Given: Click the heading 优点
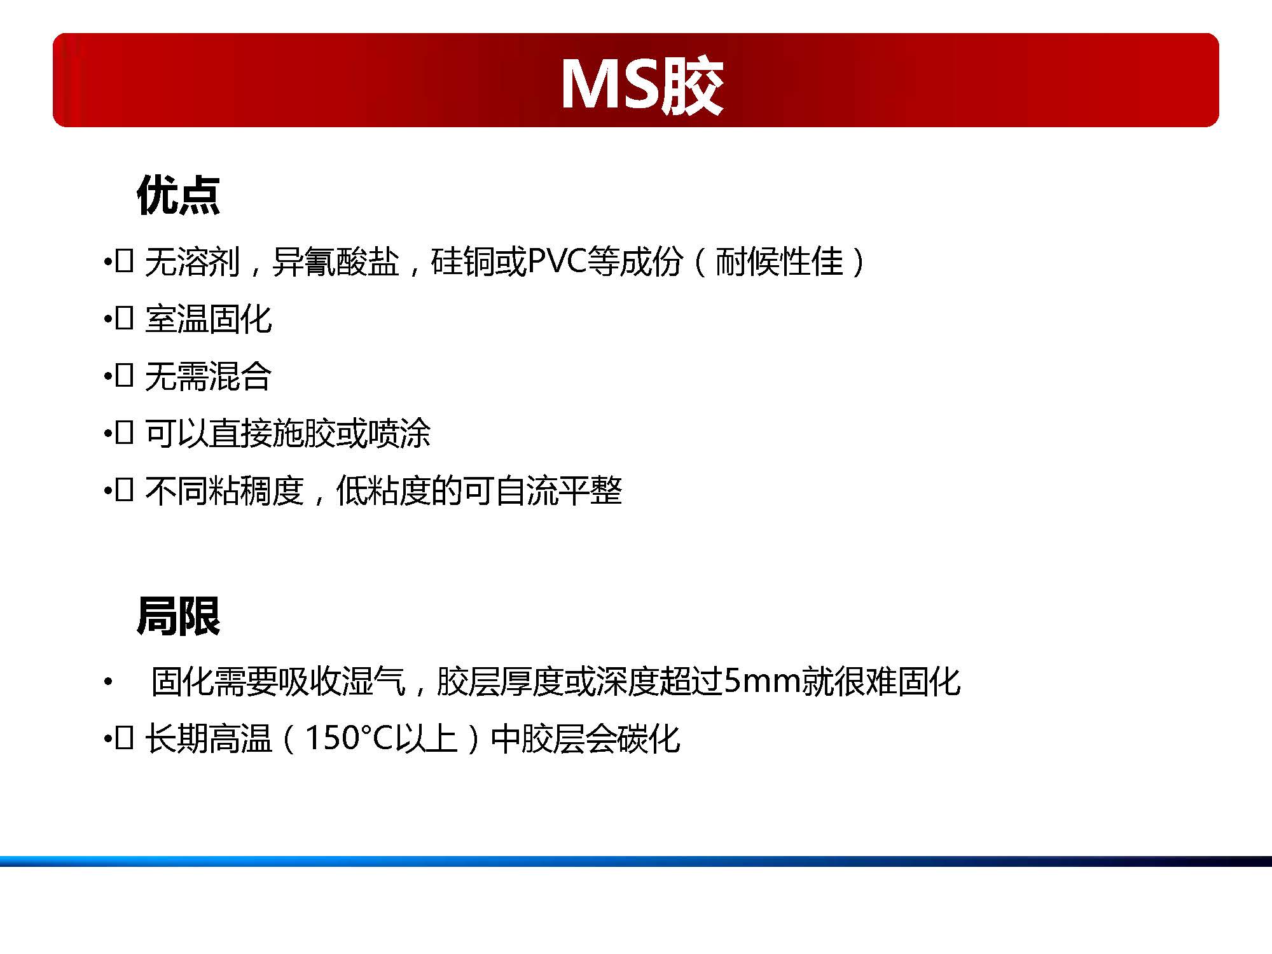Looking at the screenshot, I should click(x=178, y=195).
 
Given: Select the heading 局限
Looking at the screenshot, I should click(x=178, y=616).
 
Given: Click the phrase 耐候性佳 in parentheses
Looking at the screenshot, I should click(x=779, y=261).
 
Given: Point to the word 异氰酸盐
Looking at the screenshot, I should click(x=335, y=261).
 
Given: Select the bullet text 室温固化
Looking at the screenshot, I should click(x=209, y=319).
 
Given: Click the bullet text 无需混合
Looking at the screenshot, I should click(x=209, y=376).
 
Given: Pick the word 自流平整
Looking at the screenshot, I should click(x=558, y=490).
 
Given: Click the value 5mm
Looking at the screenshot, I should click(x=762, y=681).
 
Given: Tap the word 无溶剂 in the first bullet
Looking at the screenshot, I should click(x=193, y=261).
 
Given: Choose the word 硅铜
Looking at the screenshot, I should click(x=462, y=261).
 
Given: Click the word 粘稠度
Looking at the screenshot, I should click(x=256, y=490).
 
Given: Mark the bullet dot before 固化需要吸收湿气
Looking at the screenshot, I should click(x=108, y=682).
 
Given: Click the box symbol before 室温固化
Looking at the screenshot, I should click(x=124, y=318).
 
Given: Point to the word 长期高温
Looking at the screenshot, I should click(x=209, y=738).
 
